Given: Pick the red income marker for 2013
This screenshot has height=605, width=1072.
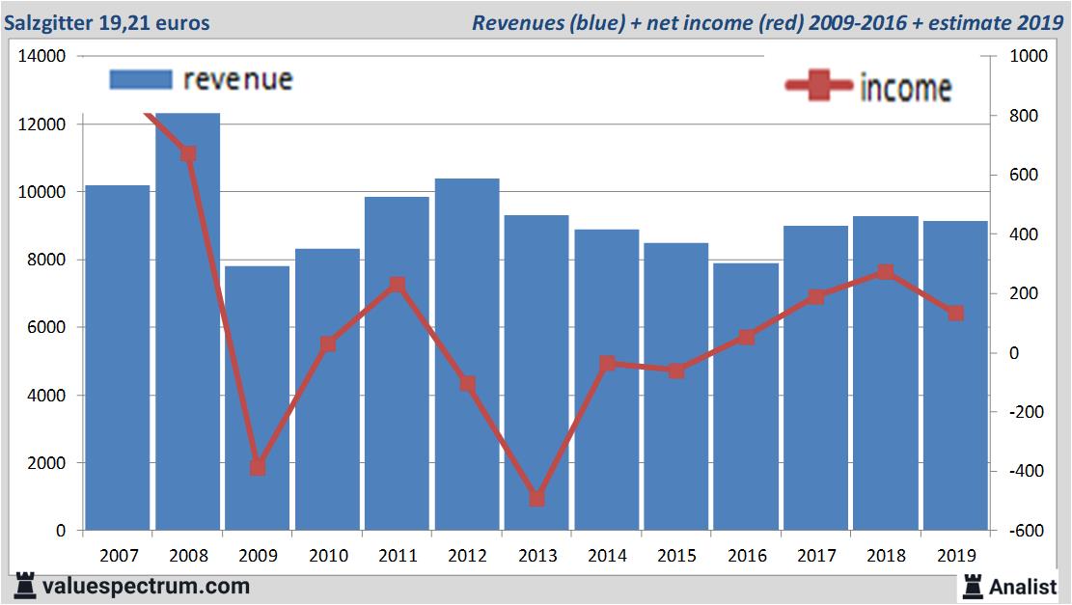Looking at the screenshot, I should point(537,499).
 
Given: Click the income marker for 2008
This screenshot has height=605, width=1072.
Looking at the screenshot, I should point(188,154).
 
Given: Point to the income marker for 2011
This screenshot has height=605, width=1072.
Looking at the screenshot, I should point(397,285).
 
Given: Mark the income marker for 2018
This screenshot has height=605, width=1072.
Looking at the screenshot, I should point(886,272).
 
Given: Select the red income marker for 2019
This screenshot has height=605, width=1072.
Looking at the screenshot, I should point(955,314).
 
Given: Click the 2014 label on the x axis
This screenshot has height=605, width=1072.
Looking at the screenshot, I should point(607,555).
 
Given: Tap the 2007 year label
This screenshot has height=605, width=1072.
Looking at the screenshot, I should point(119,555).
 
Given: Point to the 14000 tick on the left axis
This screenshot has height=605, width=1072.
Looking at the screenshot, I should point(41,57).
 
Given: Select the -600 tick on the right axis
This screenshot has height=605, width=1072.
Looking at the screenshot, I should point(1024,531).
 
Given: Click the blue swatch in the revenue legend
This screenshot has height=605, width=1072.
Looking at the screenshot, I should point(141,79).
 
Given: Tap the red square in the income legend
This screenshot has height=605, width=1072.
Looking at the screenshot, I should point(820,88).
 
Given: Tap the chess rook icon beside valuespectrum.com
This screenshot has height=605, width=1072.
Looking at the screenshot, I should point(25,586).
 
